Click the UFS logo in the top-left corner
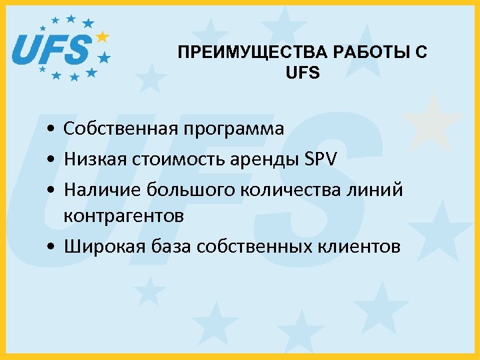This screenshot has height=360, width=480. [x=60, y=48]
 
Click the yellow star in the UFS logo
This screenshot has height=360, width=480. [x=102, y=36]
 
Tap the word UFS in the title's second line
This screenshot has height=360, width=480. [x=302, y=73]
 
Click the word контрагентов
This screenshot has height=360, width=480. [x=123, y=217]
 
